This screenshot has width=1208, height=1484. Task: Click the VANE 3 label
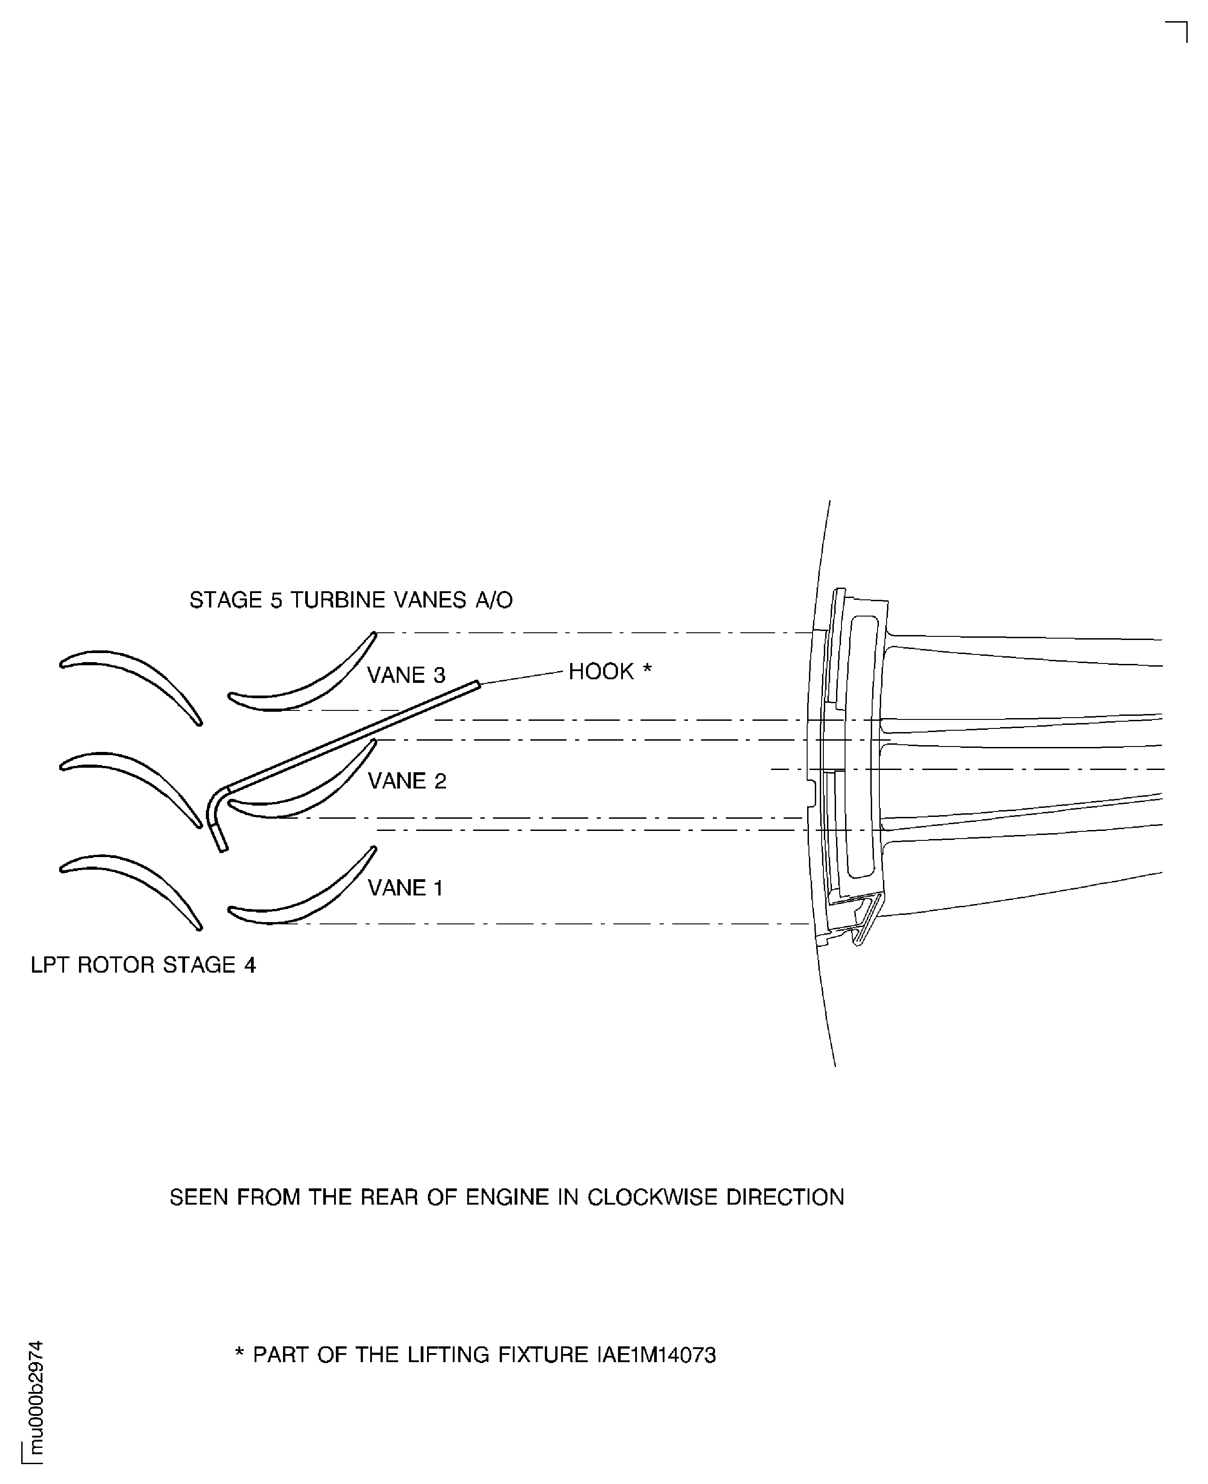(406, 675)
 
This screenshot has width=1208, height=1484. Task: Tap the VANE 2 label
(406, 781)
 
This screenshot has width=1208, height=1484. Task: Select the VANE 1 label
(405, 888)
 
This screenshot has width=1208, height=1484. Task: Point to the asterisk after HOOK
(647, 670)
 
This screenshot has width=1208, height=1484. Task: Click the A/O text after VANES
(494, 600)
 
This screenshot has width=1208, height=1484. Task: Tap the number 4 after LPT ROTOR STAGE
(250, 965)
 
